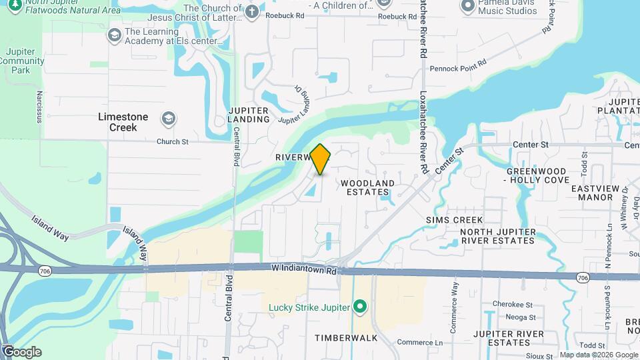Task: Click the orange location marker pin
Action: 321,159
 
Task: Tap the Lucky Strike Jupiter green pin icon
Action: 361,307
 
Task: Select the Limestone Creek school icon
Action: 169,119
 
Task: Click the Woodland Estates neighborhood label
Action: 367,187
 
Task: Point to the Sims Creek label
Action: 454,219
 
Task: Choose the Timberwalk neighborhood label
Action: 346,338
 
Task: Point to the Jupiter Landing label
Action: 249,115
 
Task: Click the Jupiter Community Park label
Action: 25,61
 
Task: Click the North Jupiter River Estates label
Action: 498,236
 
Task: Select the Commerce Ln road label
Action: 419,343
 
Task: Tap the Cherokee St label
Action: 509,304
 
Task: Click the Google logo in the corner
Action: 21,351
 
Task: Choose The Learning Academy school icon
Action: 114,35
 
